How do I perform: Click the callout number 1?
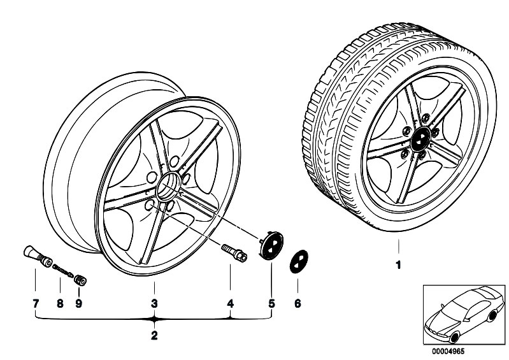coord(398,265)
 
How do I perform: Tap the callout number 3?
coord(154,303)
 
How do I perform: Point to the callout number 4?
coord(230,303)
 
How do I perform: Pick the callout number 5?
coord(271,303)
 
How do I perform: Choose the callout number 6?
coord(298,303)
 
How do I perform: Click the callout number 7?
coord(35,303)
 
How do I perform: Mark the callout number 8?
coord(59,303)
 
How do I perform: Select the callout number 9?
coord(79,303)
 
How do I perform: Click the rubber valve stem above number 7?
coord(38,255)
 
